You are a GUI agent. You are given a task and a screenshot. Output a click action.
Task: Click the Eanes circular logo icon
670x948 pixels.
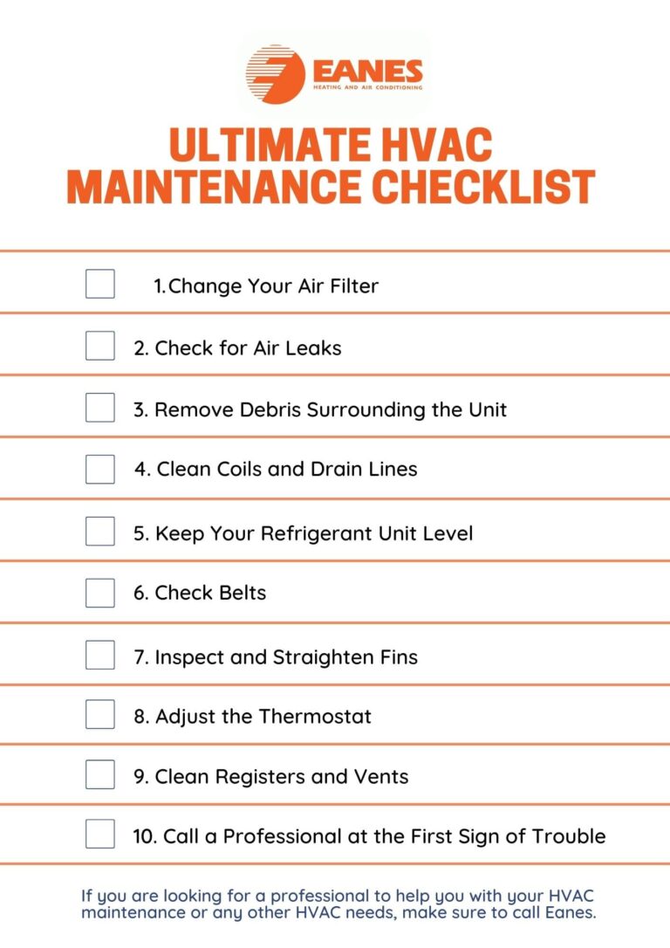click(x=273, y=74)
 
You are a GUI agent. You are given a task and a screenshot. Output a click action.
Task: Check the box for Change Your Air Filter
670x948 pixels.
click(x=99, y=285)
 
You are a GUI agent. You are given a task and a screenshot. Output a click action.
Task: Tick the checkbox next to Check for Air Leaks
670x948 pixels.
click(x=99, y=347)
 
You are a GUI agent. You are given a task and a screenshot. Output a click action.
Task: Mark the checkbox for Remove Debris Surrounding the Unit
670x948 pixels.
click(x=99, y=408)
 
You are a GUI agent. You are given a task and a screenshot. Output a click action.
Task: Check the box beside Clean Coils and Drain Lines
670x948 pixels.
click(x=99, y=469)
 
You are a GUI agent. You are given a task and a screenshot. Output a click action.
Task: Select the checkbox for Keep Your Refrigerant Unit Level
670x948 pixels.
click(x=99, y=532)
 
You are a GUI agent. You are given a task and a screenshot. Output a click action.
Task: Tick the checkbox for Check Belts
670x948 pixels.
click(x=99, y=593)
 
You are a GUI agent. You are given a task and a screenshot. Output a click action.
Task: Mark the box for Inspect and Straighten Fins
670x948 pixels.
click(x=99, y=656)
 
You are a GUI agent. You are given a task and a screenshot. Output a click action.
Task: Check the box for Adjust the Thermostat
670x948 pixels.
click(x=99, y=715)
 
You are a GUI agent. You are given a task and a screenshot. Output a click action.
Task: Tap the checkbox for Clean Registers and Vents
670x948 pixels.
click(x=99, y=775)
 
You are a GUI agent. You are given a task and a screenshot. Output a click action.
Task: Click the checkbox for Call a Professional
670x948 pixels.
click(x=99, y=835)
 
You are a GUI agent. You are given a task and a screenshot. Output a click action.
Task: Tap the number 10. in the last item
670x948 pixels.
click(x=145, y=836)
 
